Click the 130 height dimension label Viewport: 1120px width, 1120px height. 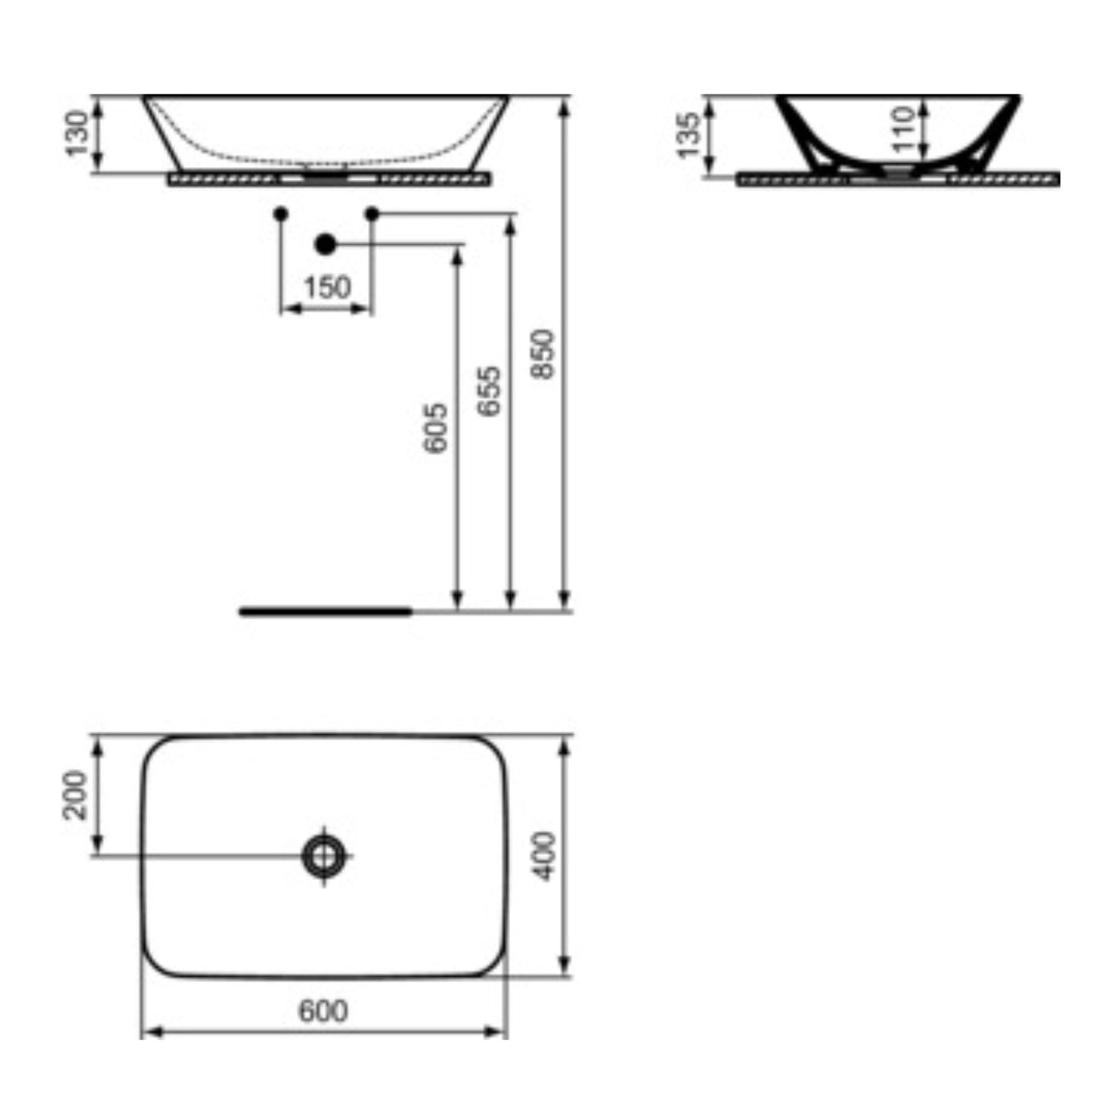[77, 133]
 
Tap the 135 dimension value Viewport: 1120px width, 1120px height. [689, 136]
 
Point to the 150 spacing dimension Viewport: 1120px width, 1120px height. [327, 287]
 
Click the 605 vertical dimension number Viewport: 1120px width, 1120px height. [436, 428]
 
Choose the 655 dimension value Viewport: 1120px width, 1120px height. [489, 391]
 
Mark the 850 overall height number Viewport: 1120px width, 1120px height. [543, 354]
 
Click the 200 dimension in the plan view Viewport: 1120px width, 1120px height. [75, 794]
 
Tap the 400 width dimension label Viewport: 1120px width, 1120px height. [545, 856]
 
